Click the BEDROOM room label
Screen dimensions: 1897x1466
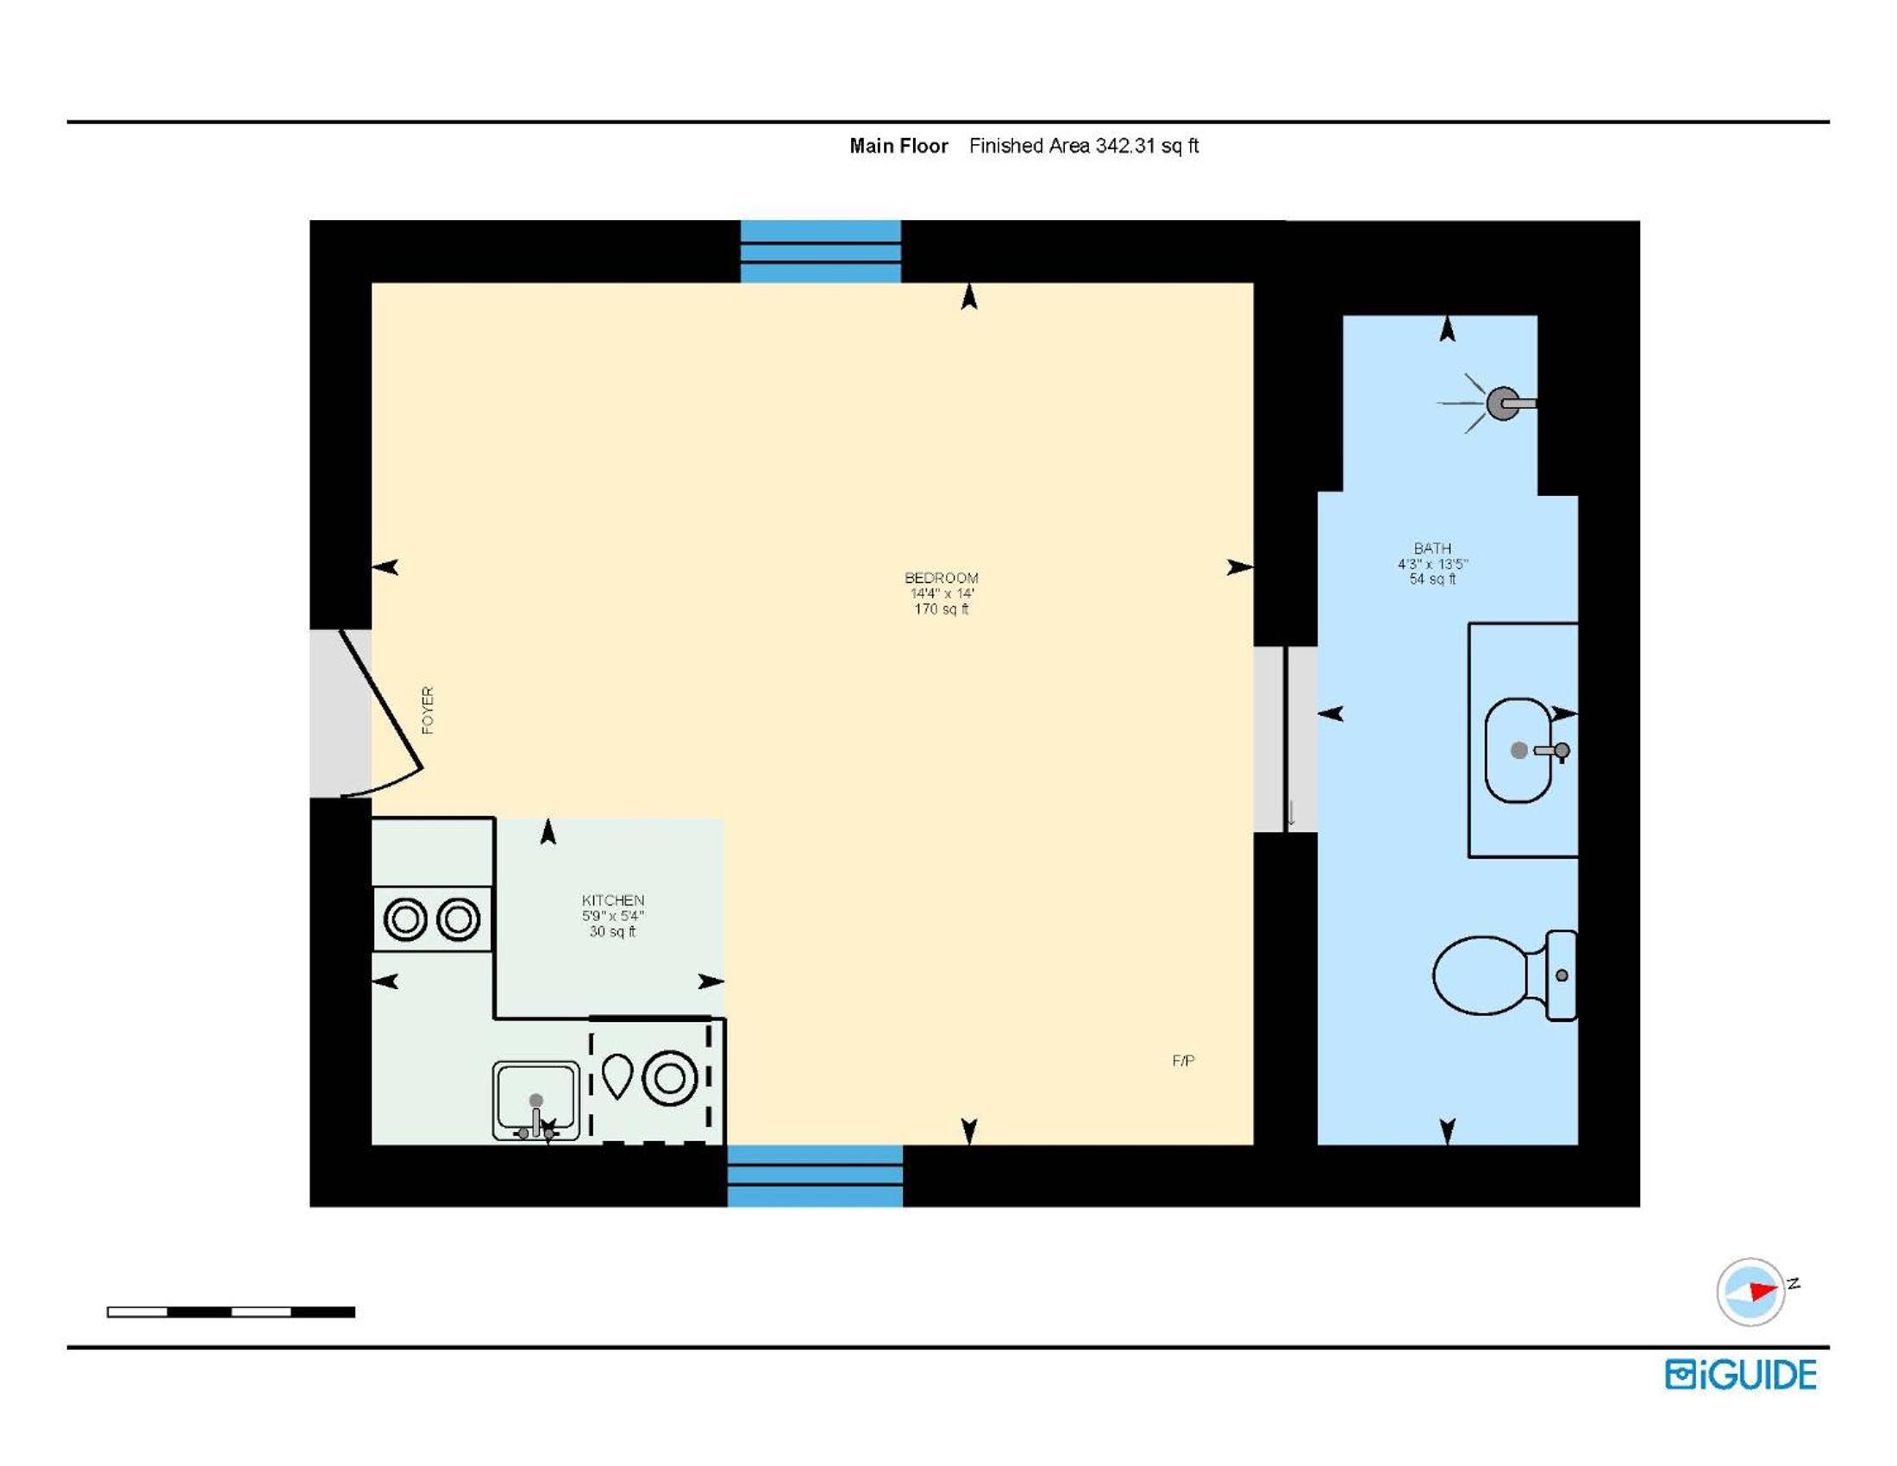(x=942, y=578)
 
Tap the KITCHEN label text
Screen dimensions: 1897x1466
(x=613, y=900)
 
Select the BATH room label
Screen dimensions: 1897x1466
(x=1432, y=548)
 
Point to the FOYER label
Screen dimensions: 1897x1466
(x=428, y=710)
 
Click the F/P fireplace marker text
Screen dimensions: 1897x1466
(x=1183, y=1061)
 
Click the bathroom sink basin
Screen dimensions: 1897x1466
(x=1519, y=750)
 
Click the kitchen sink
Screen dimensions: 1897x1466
(x=536, y=1100)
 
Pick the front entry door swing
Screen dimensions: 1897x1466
(x=382, y=714)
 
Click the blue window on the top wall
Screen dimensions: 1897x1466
(x=821, y=251)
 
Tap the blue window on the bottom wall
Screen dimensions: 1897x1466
(x=815, y=1176)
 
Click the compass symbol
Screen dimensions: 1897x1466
(x=1751, y=1292)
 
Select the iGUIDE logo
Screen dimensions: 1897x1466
(x=1741, y=1375)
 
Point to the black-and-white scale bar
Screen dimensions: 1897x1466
(x=231, y=1312)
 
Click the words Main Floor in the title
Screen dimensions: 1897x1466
(x=898, y=146)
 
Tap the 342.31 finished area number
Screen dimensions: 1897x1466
(x=1124, y=146)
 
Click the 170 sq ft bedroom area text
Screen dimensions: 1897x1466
(x=942, y=609)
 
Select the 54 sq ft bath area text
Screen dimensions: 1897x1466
(x=1432, y=579)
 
